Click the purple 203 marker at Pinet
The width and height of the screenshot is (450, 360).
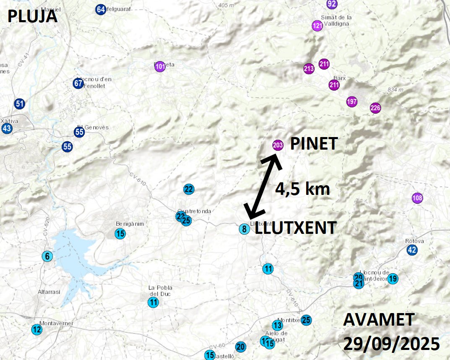click(278, 145)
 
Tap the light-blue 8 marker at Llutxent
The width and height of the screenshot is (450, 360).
click(244, 229)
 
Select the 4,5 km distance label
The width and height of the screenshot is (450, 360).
click(302, 189)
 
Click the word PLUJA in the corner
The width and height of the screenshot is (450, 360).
click(32, 16)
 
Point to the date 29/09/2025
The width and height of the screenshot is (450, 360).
click(392, 344)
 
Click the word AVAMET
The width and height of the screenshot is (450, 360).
click(379, 321)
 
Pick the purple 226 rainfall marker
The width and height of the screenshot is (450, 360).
click(375, 108)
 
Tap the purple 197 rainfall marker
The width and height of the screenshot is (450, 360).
click(352, 101)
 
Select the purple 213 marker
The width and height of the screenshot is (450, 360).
click(309, 69)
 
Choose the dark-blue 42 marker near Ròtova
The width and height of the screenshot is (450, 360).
click(412, 250)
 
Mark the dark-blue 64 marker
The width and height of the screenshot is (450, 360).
click(100, 9)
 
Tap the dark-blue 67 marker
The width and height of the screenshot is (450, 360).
click(78, 83)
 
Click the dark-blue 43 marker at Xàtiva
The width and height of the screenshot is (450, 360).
click(7, 129)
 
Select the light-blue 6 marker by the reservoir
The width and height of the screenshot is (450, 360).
click(47, 256)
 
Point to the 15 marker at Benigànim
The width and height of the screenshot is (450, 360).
click(120, 233)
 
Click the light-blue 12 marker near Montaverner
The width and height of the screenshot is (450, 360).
click(37, 330)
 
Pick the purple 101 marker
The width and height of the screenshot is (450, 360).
click(160, 67)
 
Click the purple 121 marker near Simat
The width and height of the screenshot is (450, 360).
click(317, 26)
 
